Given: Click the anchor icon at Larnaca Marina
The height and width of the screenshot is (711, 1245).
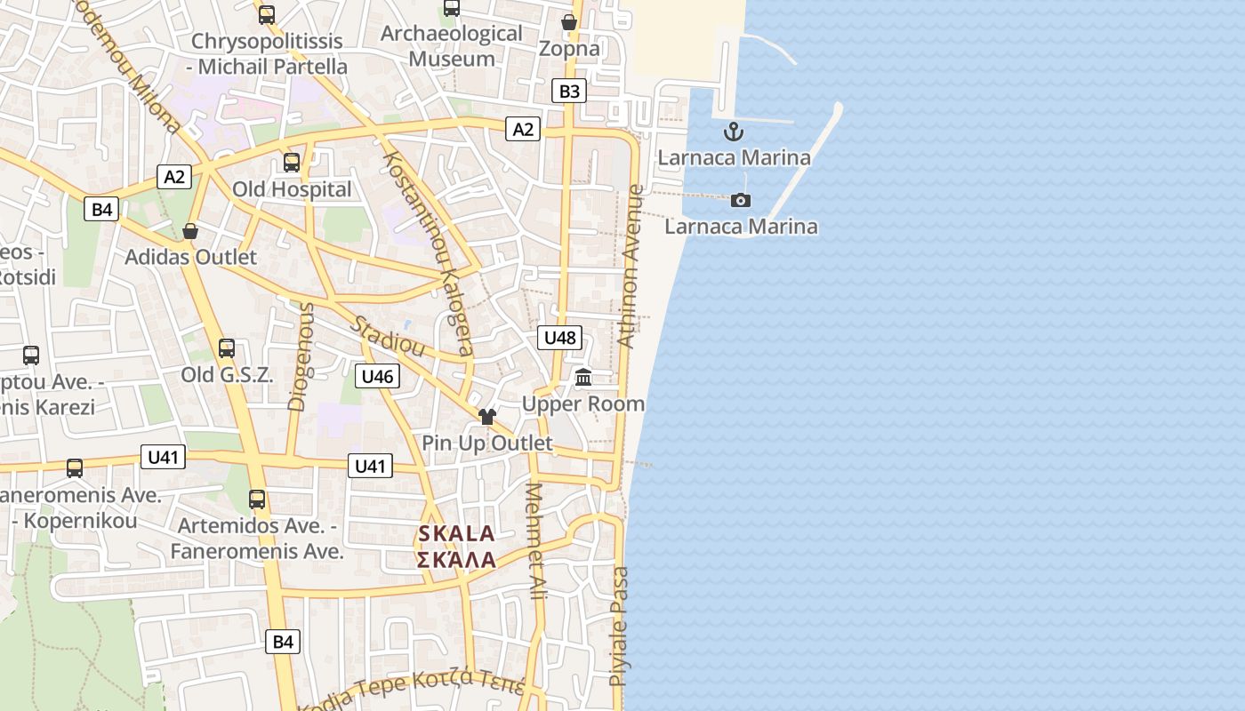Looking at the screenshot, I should click(734, 132).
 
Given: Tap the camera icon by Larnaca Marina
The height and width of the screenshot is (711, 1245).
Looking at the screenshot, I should click(740, 200).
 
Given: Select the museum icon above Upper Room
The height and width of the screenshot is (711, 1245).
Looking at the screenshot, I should click(583, 378).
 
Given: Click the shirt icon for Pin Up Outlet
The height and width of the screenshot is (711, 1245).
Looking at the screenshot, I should click(486, 416).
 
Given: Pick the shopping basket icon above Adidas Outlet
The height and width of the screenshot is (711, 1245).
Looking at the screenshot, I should click(190, 231).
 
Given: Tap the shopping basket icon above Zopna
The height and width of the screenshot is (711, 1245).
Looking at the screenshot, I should click(569, 22).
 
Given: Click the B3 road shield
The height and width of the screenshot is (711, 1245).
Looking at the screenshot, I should click(569, 91).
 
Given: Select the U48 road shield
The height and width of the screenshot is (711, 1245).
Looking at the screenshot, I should click(560, 338).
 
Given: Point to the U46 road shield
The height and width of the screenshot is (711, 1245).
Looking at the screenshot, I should click(377, 376).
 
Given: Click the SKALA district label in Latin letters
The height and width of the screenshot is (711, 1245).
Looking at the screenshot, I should click(456, 534).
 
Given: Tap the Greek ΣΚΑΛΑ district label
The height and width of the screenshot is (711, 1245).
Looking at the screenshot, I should click(456, 560).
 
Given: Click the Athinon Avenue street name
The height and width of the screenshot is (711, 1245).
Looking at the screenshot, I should click(630, 267).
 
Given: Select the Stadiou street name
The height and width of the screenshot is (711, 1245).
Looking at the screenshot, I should click(387, 336).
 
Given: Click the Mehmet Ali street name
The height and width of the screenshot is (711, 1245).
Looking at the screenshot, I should click(535, 541).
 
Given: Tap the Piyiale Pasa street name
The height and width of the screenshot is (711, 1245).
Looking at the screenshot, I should click(619, 627).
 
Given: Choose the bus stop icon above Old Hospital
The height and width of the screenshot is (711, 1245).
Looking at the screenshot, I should click(292, 163).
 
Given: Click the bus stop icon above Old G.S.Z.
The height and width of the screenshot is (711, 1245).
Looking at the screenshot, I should click(227, 348).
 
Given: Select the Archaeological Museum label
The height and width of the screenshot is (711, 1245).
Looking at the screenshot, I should click(451, 46).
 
